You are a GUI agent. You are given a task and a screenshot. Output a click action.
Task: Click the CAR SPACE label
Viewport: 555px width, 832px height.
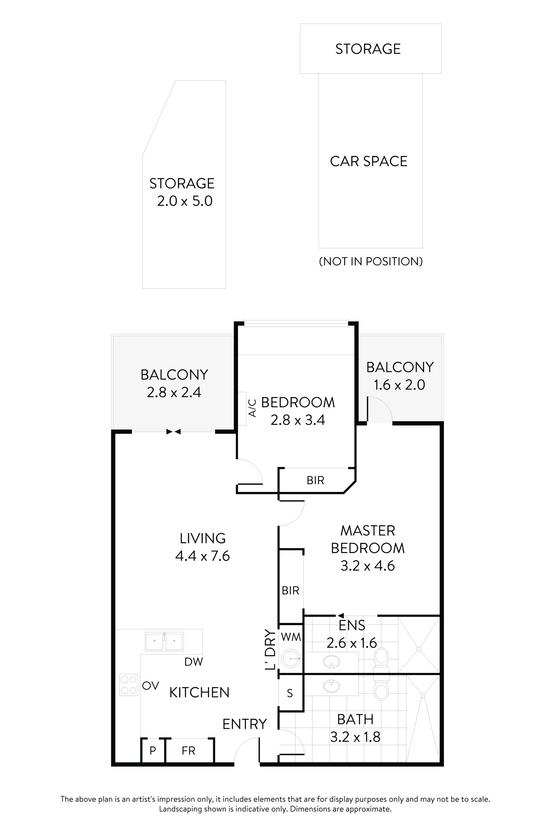tap(369, 161)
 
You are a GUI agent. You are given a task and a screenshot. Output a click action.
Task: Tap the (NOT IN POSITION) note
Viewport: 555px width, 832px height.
tap(371, 261)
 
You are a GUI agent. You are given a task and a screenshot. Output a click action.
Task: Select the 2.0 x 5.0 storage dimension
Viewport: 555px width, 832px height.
tap(184, 201)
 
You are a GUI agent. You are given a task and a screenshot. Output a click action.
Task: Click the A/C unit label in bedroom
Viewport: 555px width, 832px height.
tap(252, 408)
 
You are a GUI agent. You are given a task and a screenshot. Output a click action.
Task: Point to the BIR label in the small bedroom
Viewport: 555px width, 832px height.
tap(315, 480)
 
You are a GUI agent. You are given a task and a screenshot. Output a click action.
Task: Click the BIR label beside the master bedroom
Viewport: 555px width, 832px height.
tap(290, 591)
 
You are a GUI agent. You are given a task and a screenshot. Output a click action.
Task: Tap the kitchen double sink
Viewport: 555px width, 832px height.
tap(164, 641)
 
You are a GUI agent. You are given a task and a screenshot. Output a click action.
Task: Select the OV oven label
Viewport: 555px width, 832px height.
tap(151, 686)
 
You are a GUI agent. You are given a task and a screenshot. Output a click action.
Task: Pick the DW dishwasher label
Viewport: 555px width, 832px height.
tap(194, 662)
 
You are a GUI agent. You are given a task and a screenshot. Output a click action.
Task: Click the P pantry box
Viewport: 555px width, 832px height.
tap(152, 751)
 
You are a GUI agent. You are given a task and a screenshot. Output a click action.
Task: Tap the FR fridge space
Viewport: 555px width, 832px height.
tap(188, 751)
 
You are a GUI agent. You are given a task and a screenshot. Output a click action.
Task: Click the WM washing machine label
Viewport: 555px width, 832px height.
tap(291, 637)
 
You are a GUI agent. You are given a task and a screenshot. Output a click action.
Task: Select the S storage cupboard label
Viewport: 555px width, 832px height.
tap(290, 694)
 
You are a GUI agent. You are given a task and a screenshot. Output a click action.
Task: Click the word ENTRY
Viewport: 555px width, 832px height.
tap(244, 724)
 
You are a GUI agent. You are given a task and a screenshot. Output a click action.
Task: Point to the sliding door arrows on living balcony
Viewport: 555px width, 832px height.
tap(173, 432)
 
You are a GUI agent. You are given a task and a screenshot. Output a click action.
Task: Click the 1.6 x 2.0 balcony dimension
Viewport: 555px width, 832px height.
tap(399, 385)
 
